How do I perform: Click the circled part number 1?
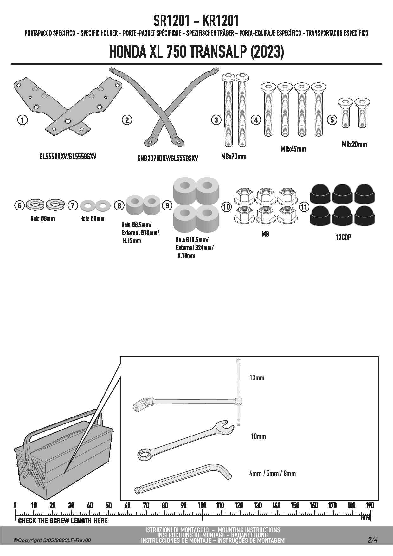coord(22,120)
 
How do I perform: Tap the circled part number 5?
coord(332,120)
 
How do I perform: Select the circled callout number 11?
coord(304,207)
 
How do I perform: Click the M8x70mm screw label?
coord(234,156)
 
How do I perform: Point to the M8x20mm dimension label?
coord(354,145)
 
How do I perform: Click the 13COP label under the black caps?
coord(343,237)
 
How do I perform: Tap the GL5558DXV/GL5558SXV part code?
coord(68,156)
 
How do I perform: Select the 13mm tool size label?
coord(257,378)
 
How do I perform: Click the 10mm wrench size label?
coord(258,436)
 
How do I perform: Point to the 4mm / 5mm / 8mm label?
coord(273,474)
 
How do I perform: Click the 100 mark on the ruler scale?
coord(202,505)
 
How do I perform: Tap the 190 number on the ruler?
coord(370,505)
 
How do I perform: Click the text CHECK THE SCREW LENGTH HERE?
coord(63,520)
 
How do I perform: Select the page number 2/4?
coord(372,540)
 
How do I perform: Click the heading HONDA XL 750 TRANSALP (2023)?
coord(196,52)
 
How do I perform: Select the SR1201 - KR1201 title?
coord(196,21)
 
